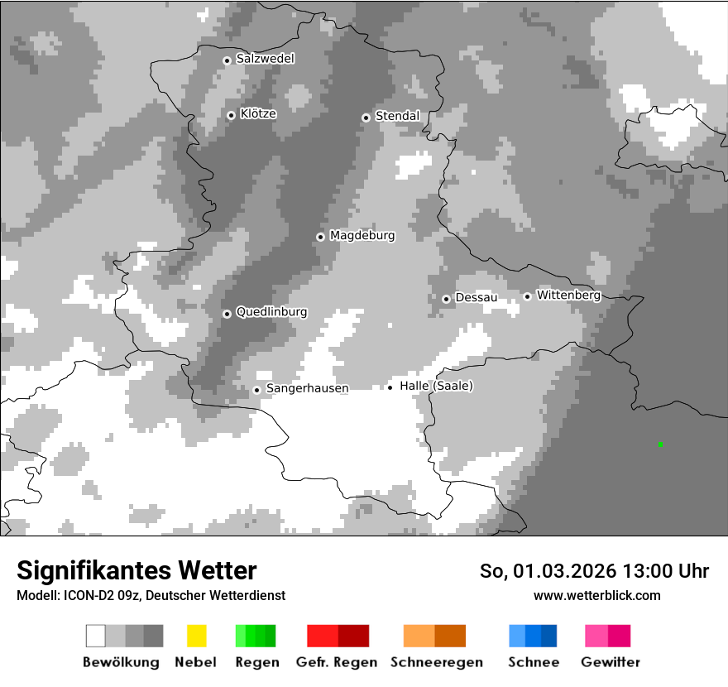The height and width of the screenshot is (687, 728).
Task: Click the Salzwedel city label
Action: tap(265, 59)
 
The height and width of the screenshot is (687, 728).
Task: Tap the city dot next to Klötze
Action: tap(231, 115)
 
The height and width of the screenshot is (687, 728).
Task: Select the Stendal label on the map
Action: tap(397, 116)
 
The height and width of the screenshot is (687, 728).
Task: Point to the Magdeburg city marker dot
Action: tap(320, 237)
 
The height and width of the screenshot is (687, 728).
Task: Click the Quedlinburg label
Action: tap(271, 312)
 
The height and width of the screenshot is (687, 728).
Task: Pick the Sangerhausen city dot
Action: tap(256, 390)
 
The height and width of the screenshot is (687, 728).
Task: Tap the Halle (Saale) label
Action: tap(436, 386)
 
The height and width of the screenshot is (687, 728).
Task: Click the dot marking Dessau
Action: tap(446, 299)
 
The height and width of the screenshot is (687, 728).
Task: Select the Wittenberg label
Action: tap(568, 295)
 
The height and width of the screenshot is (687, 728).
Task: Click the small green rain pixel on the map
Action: tap(660, 444)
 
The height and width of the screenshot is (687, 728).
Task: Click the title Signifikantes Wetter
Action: tap(136, 570)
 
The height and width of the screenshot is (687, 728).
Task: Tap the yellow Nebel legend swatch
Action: tap(196, 636)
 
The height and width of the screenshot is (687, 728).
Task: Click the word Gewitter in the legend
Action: tap(611, 662)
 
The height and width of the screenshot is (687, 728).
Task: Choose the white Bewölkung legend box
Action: tap(95, 636)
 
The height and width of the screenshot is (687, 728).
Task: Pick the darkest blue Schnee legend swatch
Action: tap(549, 636)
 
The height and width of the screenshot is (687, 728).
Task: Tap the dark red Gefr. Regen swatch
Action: tap(353, 636)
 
